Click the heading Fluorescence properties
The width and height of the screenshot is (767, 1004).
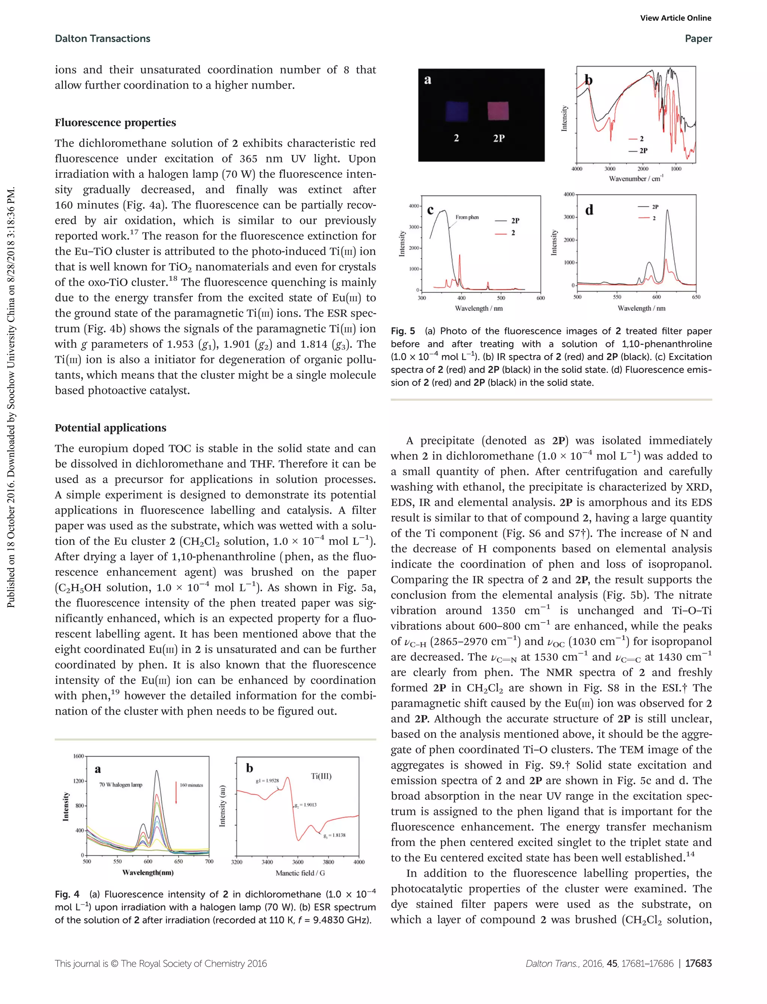click(115, 122)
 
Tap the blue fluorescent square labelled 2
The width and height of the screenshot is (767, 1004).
click(457, 111)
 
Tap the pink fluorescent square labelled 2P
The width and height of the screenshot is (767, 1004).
click(498, 111)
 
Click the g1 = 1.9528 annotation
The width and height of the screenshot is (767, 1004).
click(267, 781)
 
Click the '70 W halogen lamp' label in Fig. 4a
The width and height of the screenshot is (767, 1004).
click(121, 785)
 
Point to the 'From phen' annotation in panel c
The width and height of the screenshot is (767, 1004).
click(467, 217)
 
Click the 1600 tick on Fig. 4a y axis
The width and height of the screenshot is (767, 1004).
click(79, 756)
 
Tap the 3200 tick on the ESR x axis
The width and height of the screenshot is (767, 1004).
click(236, 862)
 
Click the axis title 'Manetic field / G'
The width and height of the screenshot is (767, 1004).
click(300, 873)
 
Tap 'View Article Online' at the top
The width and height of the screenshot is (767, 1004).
click(675, 18)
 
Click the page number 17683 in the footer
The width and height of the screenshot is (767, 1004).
click(698, 964)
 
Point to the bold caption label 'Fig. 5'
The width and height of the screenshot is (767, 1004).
click(403, 331)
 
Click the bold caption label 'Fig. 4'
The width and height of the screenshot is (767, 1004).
click(67, 894)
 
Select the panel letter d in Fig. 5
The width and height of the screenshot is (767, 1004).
click(589, 210)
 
